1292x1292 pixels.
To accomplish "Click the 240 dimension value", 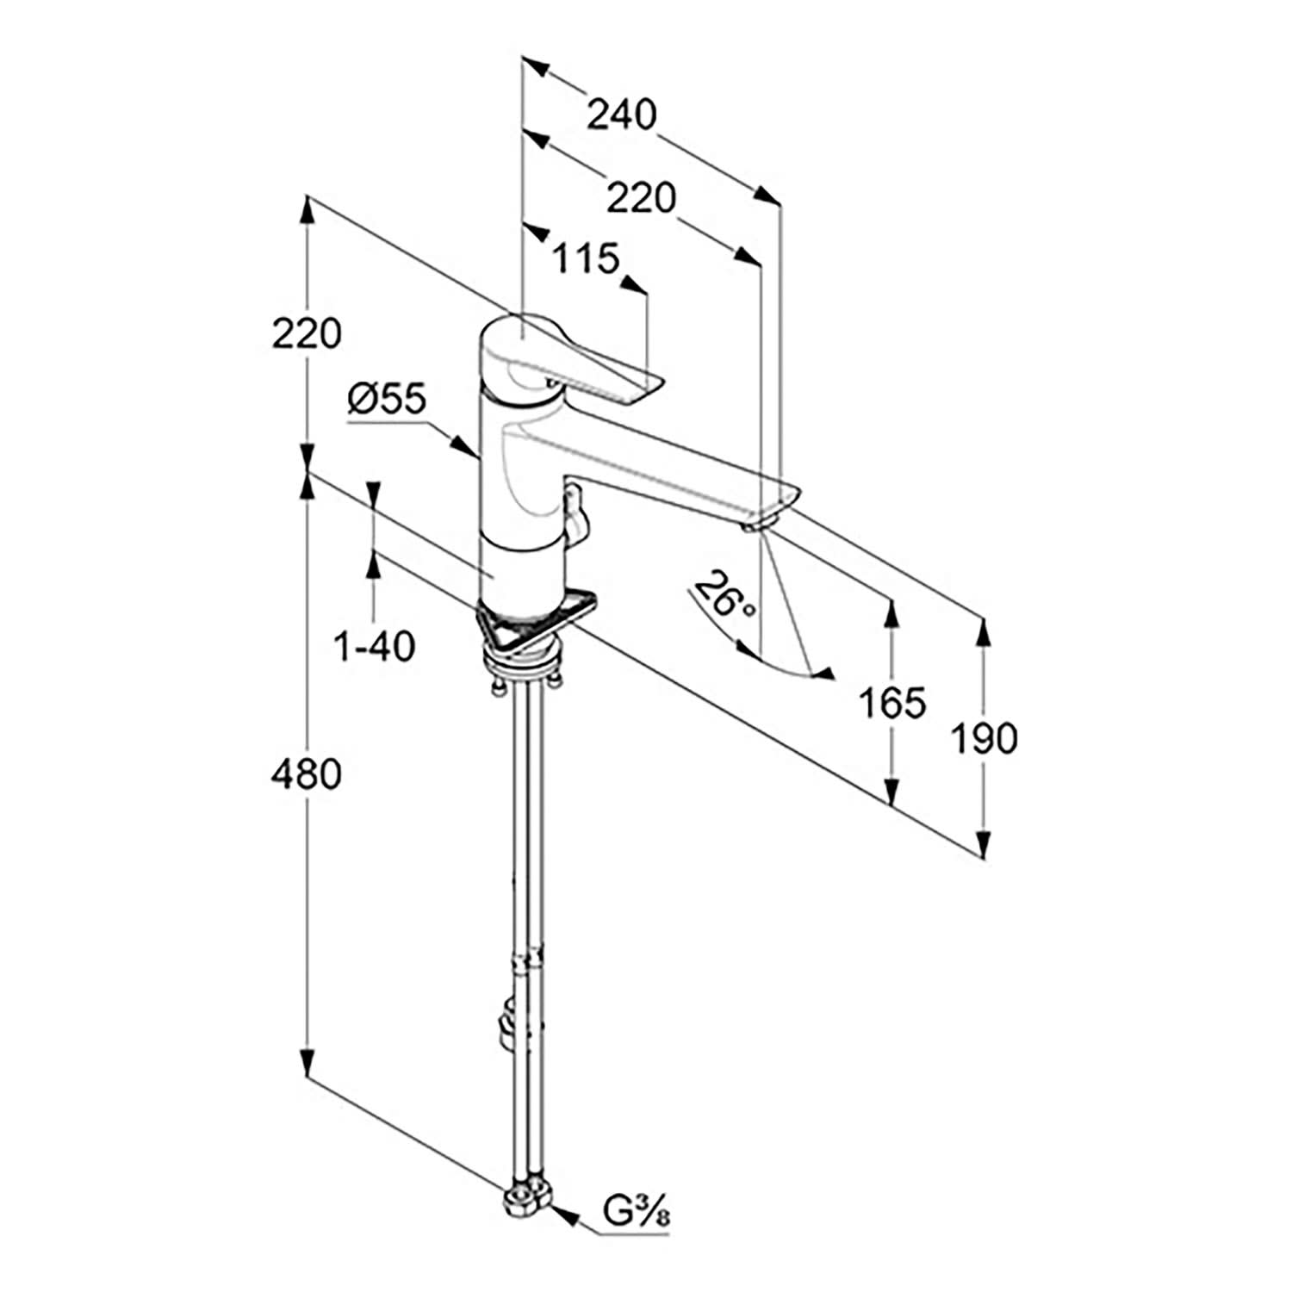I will click(x=621, y=114).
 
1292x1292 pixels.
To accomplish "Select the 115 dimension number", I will click(x=586, y=258).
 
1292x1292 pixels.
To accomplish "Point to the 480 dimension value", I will click(x=306, y=774).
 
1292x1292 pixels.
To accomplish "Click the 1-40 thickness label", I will click(x=374, y=645).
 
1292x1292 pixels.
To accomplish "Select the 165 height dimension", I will click(x=892, y=703).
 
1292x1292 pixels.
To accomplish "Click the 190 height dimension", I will click(x=984, y=738).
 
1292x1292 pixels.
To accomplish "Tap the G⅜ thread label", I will click(x=637, y=1214).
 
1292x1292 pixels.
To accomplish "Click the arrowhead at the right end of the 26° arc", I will click(x=824, y=674).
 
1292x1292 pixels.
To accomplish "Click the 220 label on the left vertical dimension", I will click(x=306, y=332).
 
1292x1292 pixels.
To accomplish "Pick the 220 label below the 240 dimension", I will click(x=642, y=199).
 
